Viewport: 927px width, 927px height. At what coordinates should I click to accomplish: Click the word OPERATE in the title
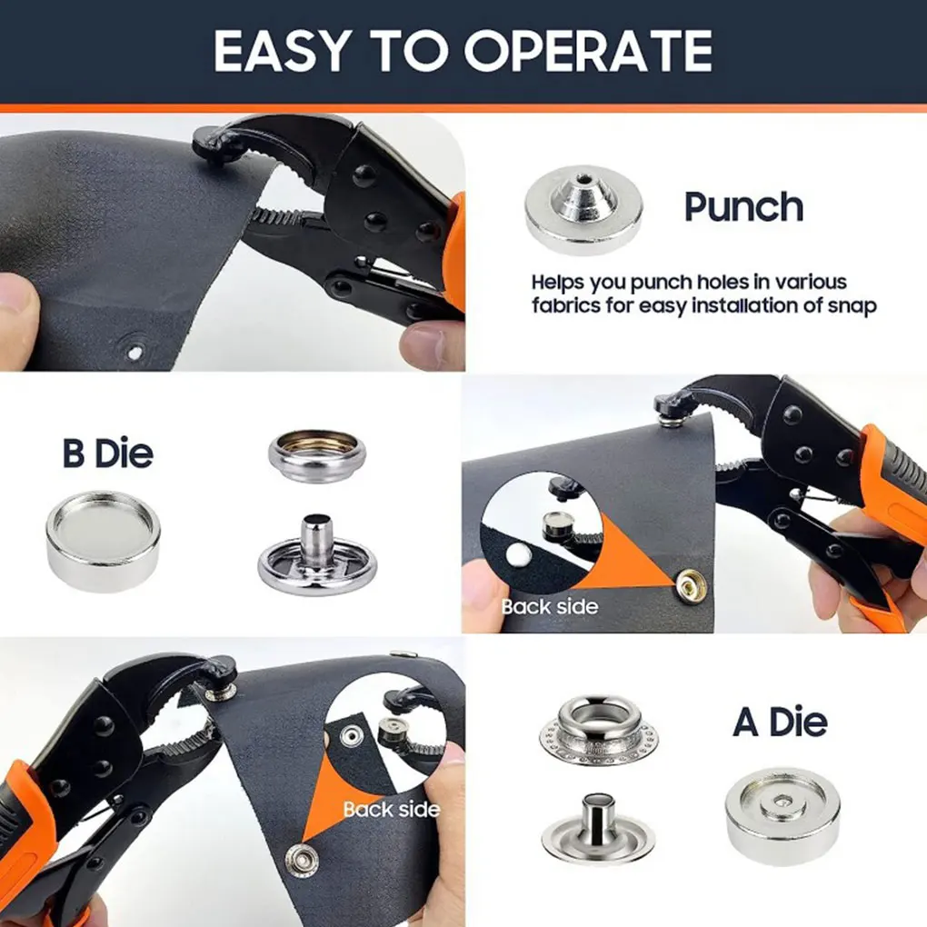coord(589,51)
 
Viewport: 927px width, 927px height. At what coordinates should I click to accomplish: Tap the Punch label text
coord(743,207)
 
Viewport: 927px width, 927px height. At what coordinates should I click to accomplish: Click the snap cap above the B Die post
coord(317,454)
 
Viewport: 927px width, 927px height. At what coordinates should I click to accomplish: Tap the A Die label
coord(780,723)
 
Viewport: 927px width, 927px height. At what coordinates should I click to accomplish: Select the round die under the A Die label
coord(782,814)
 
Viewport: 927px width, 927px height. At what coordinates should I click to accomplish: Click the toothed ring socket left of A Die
coord(599,729)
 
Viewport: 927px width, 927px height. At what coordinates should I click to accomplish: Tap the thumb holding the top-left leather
coord(18,314)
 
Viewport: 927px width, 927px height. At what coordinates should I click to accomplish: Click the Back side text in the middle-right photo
coord(550,606)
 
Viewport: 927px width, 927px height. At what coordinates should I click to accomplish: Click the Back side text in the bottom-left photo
coord(391,809)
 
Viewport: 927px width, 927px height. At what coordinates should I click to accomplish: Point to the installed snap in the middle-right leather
coord(693,583)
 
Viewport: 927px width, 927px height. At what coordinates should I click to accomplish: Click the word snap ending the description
coord(854,305)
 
